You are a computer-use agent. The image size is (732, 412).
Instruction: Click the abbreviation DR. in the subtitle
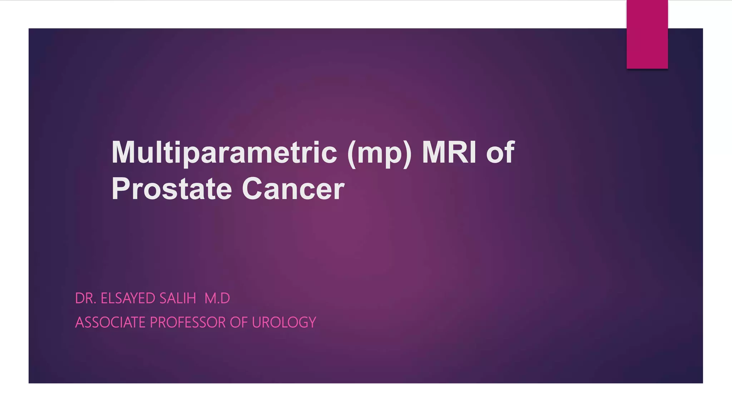tap(86, 298)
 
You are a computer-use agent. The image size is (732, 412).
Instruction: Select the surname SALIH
tap(178, 298)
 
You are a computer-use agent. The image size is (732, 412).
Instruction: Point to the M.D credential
tap(217, 298)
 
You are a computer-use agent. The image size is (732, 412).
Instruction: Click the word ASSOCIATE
tap(110, 323)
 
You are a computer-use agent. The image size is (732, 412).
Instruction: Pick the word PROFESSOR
tap(188, 323)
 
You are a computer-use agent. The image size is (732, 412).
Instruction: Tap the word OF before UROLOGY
tap(238, 323)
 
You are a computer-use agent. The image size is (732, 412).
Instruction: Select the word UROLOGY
tap(284, 323)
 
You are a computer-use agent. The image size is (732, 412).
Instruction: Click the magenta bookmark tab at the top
tap(647, 34)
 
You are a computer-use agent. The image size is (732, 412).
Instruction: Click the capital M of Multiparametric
tap(124, 153)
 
